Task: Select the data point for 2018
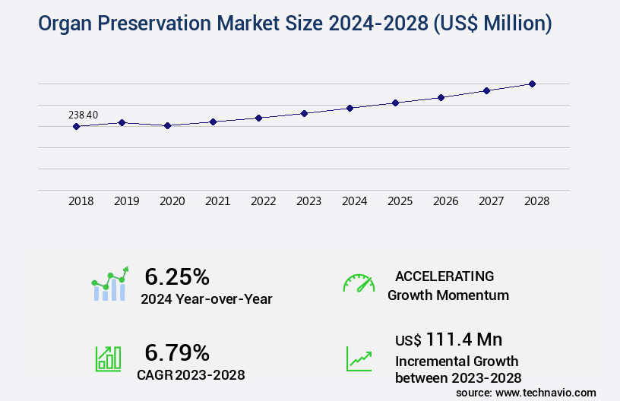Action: pos(76,126)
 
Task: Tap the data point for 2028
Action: pos(532,84)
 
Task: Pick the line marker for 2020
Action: pos(167,125)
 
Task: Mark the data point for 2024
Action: pos(350,108)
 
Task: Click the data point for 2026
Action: pos(441,97)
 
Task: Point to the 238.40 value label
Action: pos(83,115)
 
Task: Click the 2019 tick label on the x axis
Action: pos(126,201)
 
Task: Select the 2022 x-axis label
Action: pos(263,201)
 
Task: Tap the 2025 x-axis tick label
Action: pos(400,201)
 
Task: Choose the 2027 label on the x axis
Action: pos(491,201)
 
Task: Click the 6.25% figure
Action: pos(177,276)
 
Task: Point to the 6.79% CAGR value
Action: pos(177,352)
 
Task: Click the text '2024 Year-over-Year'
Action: pos(206,298)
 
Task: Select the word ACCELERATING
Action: pos(444,276)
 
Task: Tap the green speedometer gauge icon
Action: pos(359,283)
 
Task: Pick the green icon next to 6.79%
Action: pos(108,358)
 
